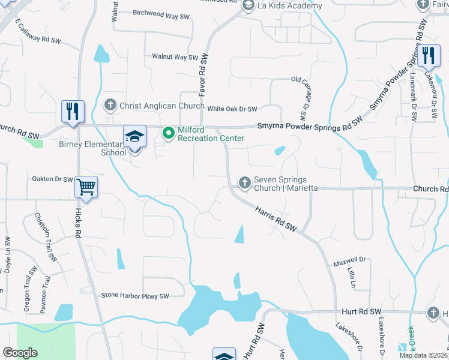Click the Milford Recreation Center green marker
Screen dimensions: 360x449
169,133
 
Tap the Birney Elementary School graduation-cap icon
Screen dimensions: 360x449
135,137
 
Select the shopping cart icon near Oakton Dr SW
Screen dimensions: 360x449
86,187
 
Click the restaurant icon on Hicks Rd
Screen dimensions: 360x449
73,111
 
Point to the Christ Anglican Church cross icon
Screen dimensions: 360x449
110,106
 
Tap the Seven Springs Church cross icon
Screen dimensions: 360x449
245,182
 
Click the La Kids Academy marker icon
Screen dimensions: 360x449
248,5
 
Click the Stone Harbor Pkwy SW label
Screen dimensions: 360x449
135,295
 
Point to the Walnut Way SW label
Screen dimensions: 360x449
175,57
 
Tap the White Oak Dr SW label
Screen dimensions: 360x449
232,109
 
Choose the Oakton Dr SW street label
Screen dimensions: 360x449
52,179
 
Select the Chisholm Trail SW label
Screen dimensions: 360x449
46,237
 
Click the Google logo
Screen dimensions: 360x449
20,353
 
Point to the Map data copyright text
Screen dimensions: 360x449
423,355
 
